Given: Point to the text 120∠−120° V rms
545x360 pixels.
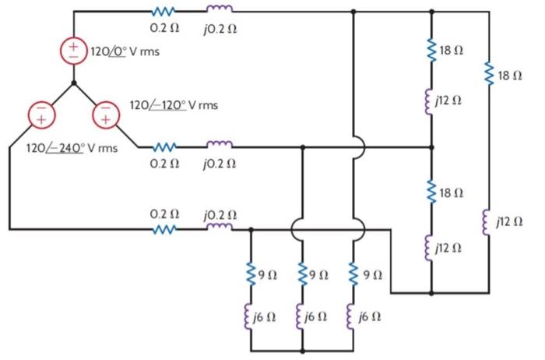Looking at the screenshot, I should (173, 104).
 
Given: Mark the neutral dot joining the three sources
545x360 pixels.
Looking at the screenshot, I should (73, 82).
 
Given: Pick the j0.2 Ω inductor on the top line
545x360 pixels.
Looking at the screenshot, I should (219, 11).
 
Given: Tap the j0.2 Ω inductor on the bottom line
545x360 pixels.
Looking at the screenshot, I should (219, 228).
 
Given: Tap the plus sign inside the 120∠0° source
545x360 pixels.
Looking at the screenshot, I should (74, 44).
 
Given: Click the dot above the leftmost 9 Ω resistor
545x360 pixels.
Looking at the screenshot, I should (251, 229).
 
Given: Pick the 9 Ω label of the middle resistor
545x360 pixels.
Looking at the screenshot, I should (317, 274).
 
